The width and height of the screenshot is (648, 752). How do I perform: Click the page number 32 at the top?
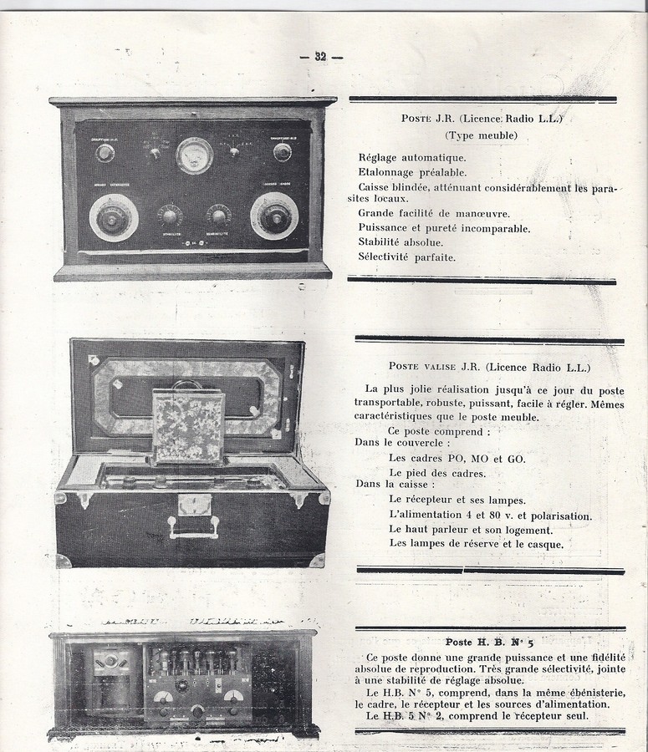tap(320, 57)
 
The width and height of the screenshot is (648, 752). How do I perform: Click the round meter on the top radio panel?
tap(194, 155)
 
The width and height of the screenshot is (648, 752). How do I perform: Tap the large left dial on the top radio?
tap(113, 217)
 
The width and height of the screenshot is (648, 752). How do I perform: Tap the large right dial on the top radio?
tap(274, 216)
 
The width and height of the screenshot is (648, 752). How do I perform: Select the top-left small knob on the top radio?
tap(105, 152)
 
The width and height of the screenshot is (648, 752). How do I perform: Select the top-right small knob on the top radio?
tap(283, 152)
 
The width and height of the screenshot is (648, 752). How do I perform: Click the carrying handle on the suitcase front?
tap(193, 527)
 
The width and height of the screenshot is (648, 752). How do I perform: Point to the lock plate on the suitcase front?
tap(194, 504)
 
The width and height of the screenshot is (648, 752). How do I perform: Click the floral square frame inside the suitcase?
tap(188, 427)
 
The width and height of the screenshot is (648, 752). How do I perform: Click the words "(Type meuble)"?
tap(481, 135)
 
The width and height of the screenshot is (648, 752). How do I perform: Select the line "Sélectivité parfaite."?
tap(407, 257)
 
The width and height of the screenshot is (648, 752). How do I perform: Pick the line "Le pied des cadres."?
tap(437, 473)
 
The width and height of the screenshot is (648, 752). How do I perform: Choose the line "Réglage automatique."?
tap(412, 157)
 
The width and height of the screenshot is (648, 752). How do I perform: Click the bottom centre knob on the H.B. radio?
tap(197, 711)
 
